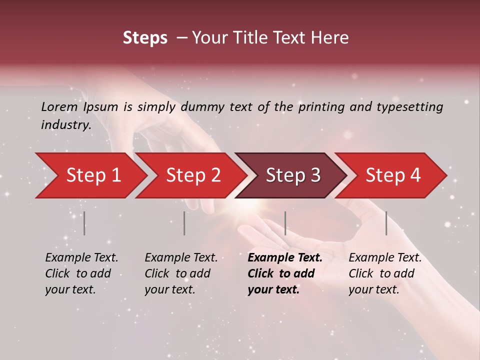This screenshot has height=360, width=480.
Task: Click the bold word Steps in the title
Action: click(x=145, y=38)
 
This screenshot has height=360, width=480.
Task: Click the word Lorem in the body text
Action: click(x=59, y=106)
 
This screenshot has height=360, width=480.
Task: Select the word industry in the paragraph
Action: click(x=65, y=124)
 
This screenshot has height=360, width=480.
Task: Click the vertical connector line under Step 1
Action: click(x=84, y=223)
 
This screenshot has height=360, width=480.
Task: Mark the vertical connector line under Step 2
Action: click(x=184, y=223)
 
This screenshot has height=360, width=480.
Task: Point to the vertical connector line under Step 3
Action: click(x=285, y=223)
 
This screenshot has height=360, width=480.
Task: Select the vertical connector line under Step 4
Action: click(x=386, y=223)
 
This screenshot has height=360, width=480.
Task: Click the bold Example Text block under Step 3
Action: click(x=285, y=273)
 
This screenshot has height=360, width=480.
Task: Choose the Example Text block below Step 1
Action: click(x=81, y=273)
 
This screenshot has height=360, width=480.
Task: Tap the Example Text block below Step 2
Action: click(x=181, y=273)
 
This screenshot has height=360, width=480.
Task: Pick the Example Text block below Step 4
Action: click(x=385, y=273)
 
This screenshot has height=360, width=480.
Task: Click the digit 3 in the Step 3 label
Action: click(x=315, y=175)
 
